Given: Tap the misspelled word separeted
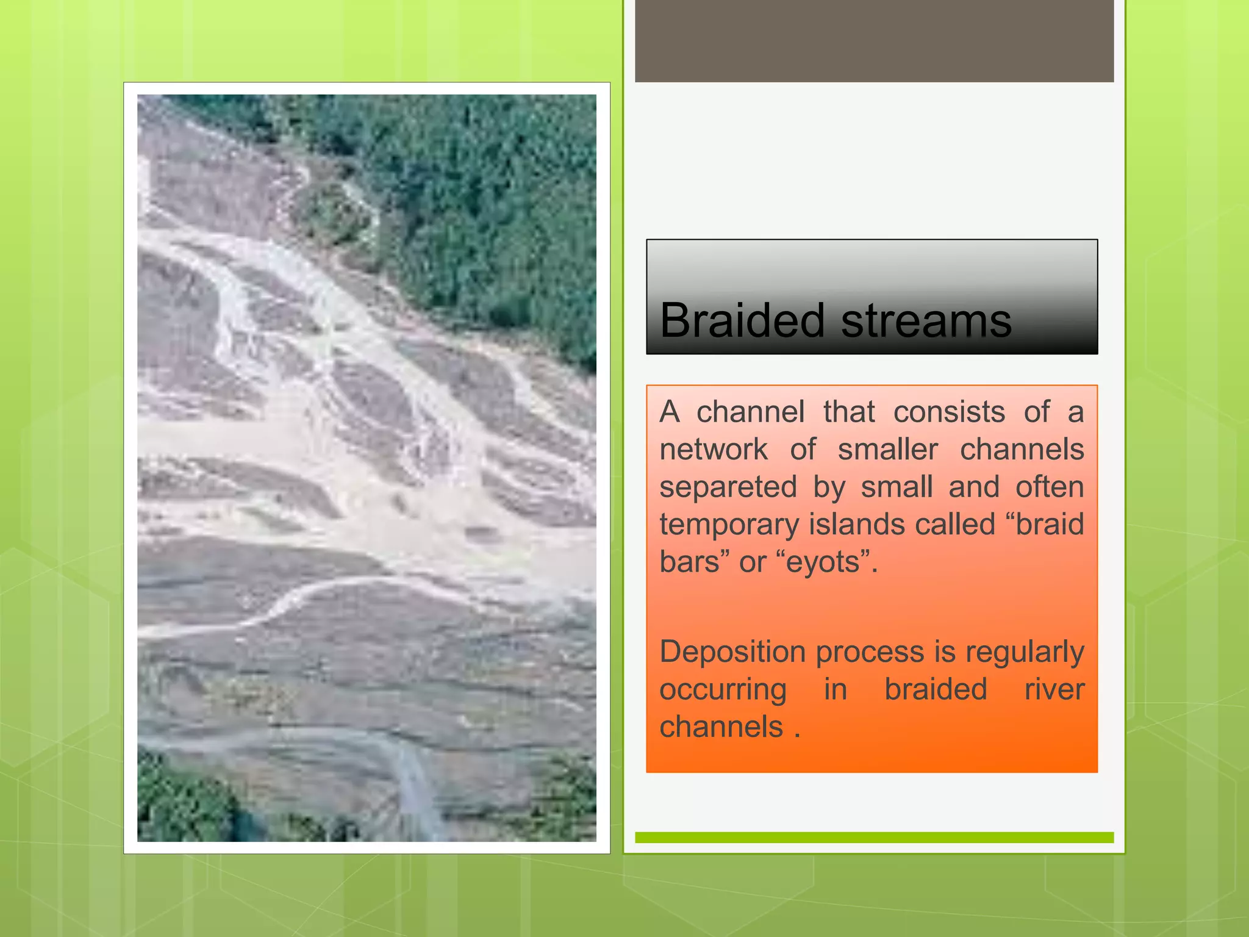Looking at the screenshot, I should pos(728,487).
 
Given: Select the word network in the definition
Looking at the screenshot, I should pos(713,450).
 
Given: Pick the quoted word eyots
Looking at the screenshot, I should pos(825,562).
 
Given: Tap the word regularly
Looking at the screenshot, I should pos(1024,652).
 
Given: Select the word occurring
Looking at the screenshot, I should pos(723,690).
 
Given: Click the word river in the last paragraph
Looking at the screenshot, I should pos(1053,689).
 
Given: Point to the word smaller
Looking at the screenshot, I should pos(887,450).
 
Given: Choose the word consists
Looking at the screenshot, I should pos(948,412).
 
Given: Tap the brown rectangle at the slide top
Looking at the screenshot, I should pos(874,40).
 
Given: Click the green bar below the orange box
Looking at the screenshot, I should pos(874,838).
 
